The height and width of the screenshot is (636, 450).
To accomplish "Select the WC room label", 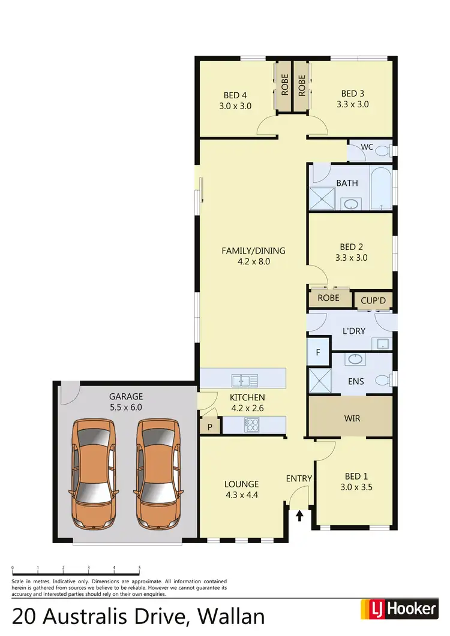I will click(x=367, y=147).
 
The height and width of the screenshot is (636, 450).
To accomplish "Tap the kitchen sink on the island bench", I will click(x=244, y=379).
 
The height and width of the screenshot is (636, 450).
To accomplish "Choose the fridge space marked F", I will click(x=318, y=352).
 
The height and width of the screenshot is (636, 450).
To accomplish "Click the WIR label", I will click(x=353, y=418).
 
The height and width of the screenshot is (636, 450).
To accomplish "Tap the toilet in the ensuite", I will click(x=382, y=379).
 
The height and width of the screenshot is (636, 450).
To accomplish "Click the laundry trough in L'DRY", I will click(x=382, y=343).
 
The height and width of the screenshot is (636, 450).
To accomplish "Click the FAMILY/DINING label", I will click(x=254, y=251).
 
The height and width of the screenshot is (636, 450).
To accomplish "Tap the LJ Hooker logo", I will click(x=398, y=610).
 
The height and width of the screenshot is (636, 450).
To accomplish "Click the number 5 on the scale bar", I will click(x=139, y=567).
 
